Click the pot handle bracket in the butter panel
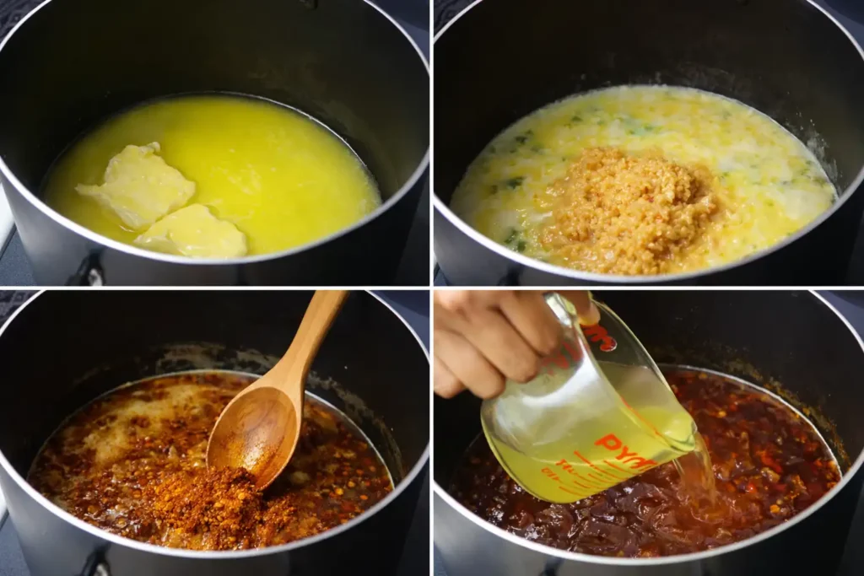[x=88, y=272]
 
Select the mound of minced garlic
[x=629, y=211]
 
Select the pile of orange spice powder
[x=207, y=506]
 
